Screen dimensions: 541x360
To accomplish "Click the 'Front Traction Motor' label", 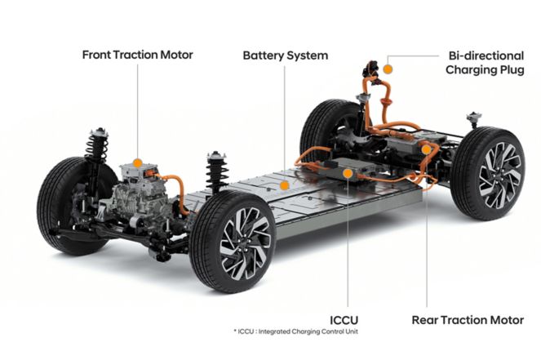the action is click(137, 55).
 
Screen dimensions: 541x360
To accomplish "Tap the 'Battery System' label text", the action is click(286, 56).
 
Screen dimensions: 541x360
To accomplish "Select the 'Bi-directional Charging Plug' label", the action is click(485, 63).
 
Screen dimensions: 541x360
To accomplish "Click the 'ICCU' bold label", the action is click(344, 320).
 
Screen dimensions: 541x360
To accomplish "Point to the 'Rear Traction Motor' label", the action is click(468, 320).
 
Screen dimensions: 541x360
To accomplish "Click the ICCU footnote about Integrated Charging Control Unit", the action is click(295, 331).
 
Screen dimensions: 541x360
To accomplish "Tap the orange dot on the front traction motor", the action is click(137, 163).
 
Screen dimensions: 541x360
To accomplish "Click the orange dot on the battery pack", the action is click(284, 185).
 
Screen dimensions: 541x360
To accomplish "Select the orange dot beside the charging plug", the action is click(388, 69).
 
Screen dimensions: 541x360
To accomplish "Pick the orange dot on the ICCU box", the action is click(348, 173).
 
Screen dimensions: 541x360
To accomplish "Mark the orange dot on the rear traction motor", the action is click(427, 149).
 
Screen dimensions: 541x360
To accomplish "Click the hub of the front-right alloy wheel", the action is click(245, 243).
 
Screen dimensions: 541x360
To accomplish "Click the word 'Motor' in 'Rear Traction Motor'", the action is click(508, 320).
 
